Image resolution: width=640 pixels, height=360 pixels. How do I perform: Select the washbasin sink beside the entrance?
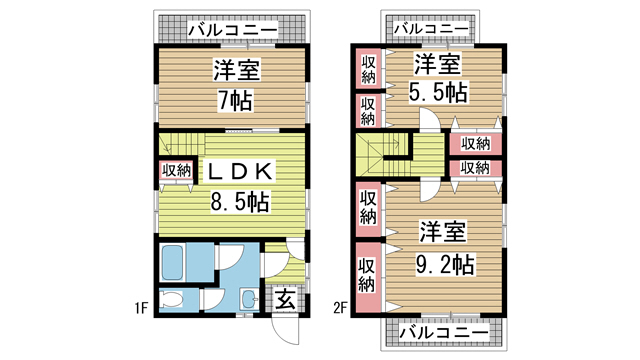point(247,298)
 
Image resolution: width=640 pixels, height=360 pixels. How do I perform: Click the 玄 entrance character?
point(284,299)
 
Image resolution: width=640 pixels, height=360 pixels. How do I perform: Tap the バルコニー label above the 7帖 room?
point(232,31)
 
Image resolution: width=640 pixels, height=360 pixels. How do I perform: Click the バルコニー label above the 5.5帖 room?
point(430,29)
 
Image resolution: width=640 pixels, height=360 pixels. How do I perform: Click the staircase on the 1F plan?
point(184,142)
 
